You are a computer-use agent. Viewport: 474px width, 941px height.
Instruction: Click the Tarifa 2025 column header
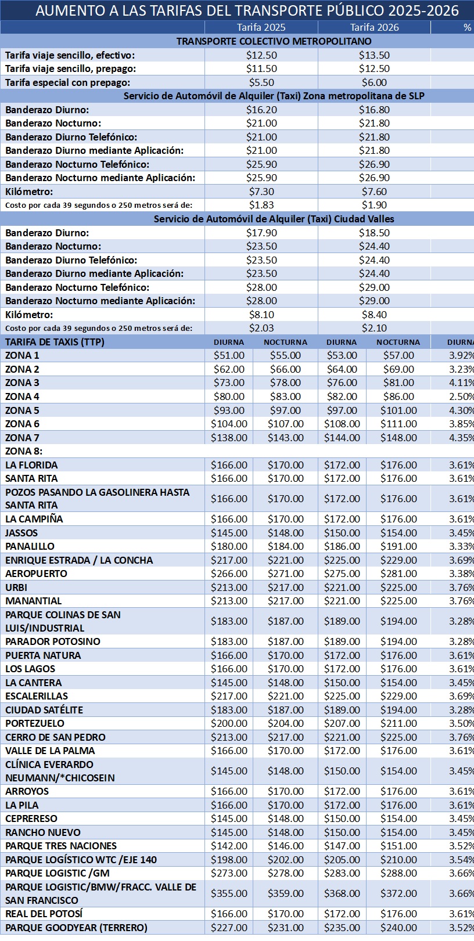261,27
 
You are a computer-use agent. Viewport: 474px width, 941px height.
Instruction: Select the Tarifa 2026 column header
374,27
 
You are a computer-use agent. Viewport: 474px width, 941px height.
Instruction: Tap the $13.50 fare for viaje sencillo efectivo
374,55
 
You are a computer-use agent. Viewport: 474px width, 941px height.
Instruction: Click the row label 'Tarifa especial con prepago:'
68,82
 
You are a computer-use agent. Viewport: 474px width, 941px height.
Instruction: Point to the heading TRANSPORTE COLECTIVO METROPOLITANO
274,41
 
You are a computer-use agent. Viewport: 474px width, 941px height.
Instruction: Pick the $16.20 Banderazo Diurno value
261,110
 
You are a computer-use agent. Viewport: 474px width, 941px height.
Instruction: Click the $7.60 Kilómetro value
374,192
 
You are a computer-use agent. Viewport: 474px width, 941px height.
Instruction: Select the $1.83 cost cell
261,205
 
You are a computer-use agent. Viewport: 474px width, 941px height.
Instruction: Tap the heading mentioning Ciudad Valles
274,219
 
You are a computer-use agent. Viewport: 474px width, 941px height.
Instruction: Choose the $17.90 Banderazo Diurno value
261,233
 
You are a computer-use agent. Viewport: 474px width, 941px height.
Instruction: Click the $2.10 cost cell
374,328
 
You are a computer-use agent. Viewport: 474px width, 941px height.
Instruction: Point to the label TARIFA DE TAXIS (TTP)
55,342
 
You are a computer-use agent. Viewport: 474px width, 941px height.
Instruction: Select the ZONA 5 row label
23,410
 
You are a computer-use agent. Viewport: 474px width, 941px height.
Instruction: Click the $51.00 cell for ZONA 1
229,355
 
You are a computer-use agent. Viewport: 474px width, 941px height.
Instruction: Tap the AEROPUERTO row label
37,574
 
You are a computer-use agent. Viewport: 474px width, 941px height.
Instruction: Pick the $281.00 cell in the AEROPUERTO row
398,574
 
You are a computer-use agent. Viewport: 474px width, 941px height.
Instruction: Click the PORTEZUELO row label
35,723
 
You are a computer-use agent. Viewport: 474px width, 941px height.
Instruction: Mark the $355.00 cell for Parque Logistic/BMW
229,893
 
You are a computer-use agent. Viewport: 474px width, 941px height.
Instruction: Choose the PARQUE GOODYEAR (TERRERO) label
76,928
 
